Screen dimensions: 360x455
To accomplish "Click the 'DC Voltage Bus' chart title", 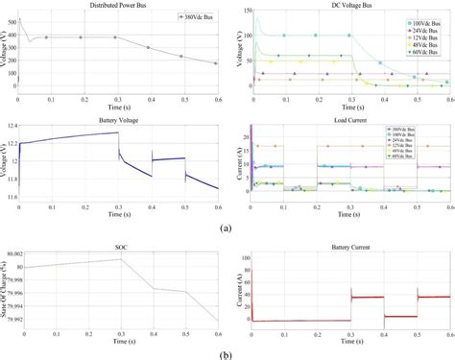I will click(350, 6).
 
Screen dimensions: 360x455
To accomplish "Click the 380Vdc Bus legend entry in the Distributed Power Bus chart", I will click(196, 17).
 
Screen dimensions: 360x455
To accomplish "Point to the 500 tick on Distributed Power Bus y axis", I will click(11, 21).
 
